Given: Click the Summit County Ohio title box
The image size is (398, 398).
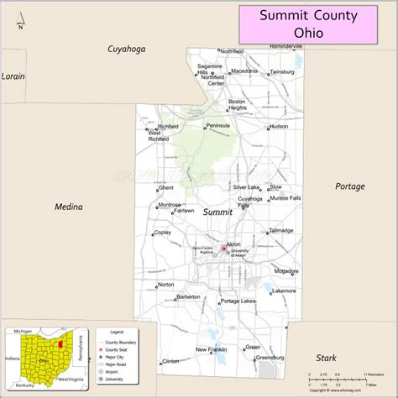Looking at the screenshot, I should pos(317,24).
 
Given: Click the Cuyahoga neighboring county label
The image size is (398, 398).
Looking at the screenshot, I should pos(126,49).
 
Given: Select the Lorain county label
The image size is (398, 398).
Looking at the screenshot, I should pos(13,76).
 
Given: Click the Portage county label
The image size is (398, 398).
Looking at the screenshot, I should pos(349,186).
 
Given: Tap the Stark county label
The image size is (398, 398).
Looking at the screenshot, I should pos(326,358).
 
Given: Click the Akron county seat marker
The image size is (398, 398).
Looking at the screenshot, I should pos(223,248).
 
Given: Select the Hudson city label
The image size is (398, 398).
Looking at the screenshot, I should pos(279,128).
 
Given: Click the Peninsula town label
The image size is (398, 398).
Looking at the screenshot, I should pos(217,126).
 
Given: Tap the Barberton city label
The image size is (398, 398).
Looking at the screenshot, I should pos(187,296).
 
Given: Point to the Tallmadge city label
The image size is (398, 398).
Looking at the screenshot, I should pos(281,230).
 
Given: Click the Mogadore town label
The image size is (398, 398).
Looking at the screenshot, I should pos(285,271).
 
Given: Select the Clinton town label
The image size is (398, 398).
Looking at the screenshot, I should pos(170,361).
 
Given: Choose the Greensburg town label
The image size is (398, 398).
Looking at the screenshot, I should pos(270,357).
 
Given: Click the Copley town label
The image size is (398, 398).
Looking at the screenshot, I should pos(163,232).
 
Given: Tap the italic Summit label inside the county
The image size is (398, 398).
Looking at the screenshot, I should pos(217,212).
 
